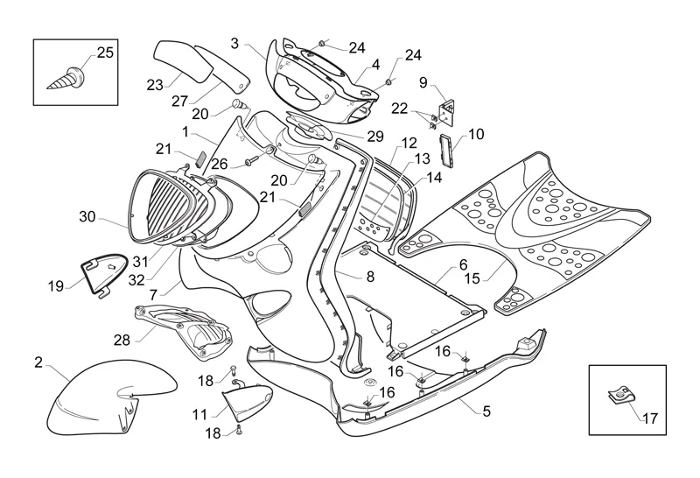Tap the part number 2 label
pyautogui.click(x=38, y=362)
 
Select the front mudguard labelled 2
pyautogui.click(x=92, y=398)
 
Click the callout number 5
pyautogui.click(x=486, y=409)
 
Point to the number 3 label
pyautogui.click(x=234, y=42)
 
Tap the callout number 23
pyautogui.click(x=155, y=84)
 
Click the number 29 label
pyautogui.click(x=375, y=137)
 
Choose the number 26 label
pyautogui.click(x=219, y=163)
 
